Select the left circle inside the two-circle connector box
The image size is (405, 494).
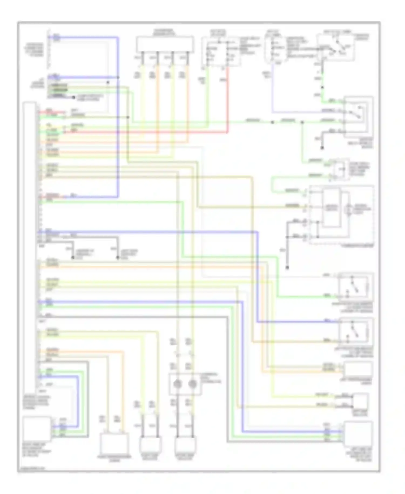[177, 384]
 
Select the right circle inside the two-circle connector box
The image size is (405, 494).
[193, 384]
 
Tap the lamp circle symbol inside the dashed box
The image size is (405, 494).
[349, 209]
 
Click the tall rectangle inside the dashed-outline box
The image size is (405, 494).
[331, 208]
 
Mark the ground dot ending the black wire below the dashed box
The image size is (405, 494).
[287, 268]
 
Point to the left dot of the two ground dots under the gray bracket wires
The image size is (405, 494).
[73, 258]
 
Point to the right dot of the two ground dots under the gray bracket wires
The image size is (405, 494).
[118, 258]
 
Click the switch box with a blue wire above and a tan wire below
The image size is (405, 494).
[356, 332]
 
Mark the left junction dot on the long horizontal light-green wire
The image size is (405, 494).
[272, 122]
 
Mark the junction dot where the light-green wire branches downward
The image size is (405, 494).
[302, 122]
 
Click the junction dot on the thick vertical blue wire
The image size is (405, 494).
[118, 78]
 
